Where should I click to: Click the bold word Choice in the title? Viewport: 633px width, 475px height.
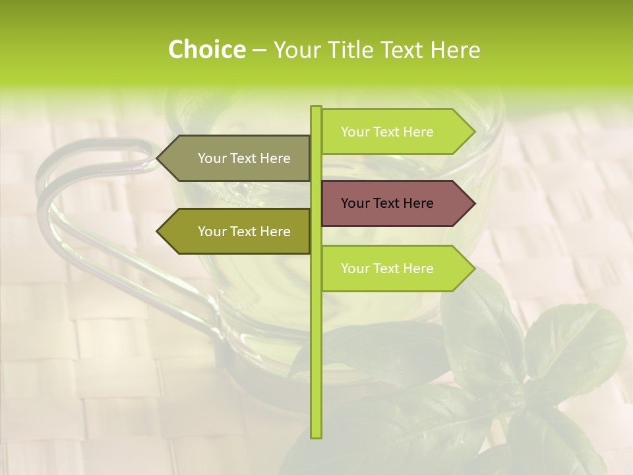coord(206,49)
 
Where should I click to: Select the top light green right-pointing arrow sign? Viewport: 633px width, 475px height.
coord(396,132)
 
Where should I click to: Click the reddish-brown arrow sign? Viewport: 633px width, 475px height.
coord(396,203)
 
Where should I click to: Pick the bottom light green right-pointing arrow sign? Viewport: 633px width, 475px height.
coord(396,269)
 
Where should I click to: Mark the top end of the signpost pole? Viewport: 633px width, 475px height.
coord(316,108)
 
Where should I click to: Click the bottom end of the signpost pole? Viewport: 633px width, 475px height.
coord(316,436)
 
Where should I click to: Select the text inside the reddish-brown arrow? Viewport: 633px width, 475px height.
coord(387,203)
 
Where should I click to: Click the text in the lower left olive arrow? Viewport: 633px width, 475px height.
coord(244,232)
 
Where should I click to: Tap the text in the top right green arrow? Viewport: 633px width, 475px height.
coord(387,132)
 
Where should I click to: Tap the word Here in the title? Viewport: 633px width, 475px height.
coord(456,49)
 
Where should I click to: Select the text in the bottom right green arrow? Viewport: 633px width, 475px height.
coord(387,269)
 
